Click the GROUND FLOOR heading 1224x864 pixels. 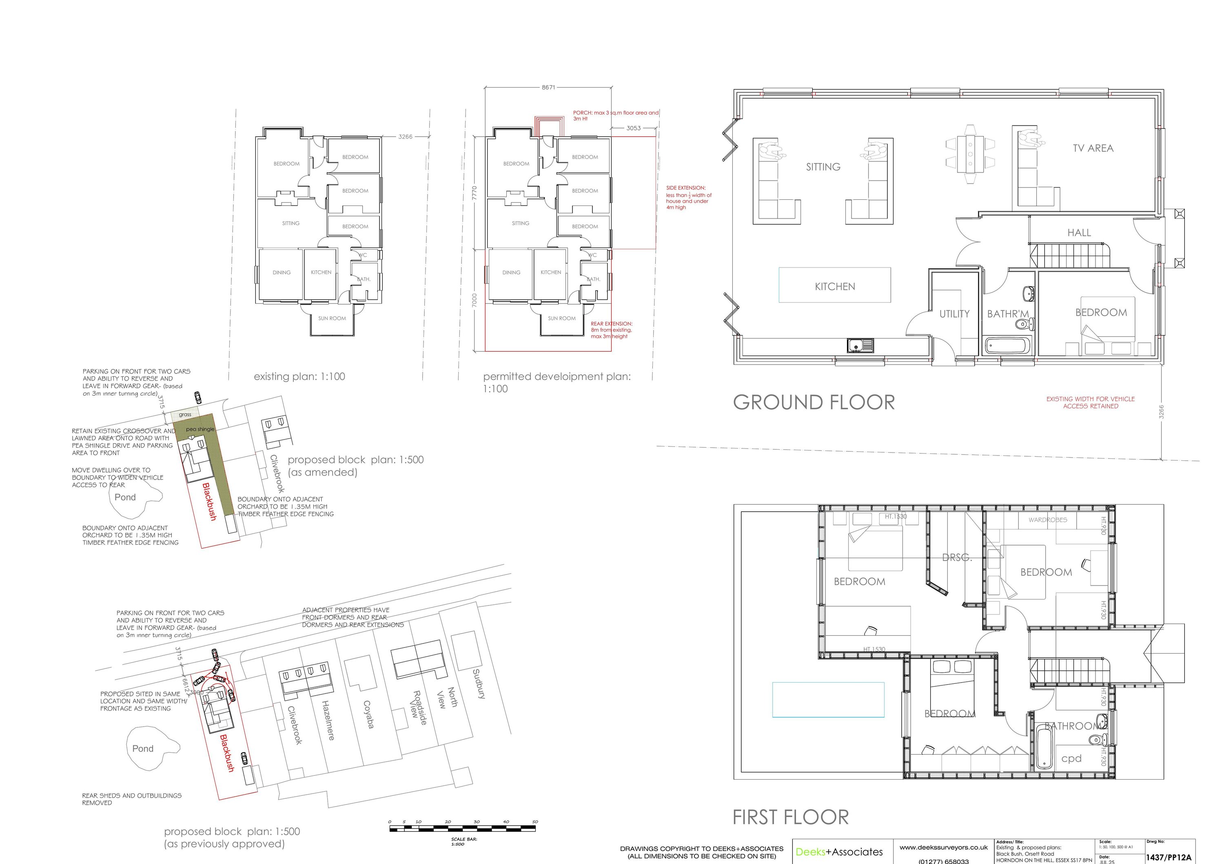click(x=814, y=402)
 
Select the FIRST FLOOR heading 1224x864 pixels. click(x=790, y=817)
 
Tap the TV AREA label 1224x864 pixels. click(x=1093, y=148)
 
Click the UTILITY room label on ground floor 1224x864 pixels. click(x=954, y=314)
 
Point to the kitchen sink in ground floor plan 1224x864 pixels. click(x=860, y=346)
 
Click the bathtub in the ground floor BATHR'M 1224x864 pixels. click(x=1007, y=346)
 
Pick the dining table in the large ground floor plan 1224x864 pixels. click(x=970, y=154)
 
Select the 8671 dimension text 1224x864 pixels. click(x=549, y=87)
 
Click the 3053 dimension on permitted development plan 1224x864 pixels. click(x=633, y=128)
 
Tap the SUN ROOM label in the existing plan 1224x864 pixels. click(x=332, y=318)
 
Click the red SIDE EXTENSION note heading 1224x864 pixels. click(x=685, y=188)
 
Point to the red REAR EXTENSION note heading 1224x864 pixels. click(x=612, y=324)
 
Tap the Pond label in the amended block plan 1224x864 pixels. click(x=125, y=497)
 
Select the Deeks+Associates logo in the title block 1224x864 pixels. click(x=839, y=852)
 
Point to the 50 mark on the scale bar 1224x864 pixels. click(x=535, y=822)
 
